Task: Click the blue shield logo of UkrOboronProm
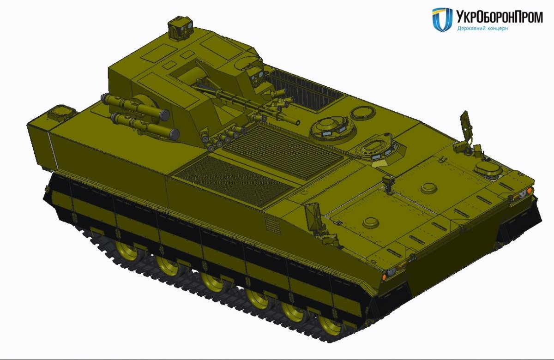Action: [x=442, y=19]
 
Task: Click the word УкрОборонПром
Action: [x=499, y=17]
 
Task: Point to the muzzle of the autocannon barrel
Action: [x=298, y=122]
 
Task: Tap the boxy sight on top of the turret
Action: [x=180, y=29]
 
